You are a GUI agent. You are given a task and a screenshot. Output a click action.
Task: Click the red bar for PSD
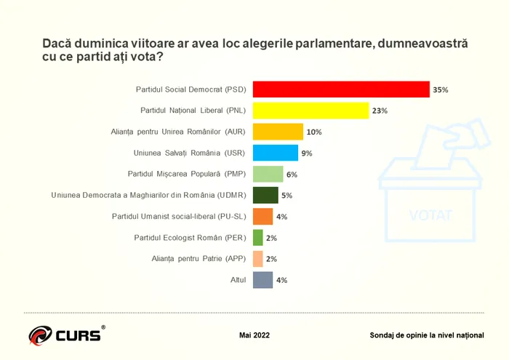click(x=341, y=89)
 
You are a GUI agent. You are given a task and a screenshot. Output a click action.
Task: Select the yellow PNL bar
click(x=310, y=111)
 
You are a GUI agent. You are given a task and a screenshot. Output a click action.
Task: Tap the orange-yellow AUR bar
click(x=278, y=132)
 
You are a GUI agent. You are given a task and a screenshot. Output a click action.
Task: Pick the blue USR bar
click(x=275, y=153)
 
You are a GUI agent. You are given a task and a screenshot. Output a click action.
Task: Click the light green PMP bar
click(x=268, y=174)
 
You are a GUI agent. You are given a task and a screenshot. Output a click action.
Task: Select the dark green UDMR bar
click(x=265, y=195)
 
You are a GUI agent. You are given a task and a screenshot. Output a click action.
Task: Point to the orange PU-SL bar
click(x=262, y=216)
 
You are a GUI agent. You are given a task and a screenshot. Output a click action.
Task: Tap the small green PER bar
click(x=257, y=237)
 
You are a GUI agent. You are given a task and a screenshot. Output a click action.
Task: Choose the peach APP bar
click(x=257, y=258)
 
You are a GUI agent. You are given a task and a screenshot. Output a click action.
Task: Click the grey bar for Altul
click(x=262, y=279)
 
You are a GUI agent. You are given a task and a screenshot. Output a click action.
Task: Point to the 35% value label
click(x=440, y=89)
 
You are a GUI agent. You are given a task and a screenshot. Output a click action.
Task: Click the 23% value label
click(x=379, y=111)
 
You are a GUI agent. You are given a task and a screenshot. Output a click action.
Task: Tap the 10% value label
click(x=314, y=132)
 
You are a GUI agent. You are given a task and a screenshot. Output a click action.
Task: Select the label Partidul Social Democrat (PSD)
click(x=191, y=89)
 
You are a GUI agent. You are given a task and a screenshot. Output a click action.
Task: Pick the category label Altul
click(x=237, y=279)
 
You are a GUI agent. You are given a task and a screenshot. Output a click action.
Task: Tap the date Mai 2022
click(x=254, y=335)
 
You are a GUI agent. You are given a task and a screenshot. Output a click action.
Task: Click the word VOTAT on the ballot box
click(x=430, y=215)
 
